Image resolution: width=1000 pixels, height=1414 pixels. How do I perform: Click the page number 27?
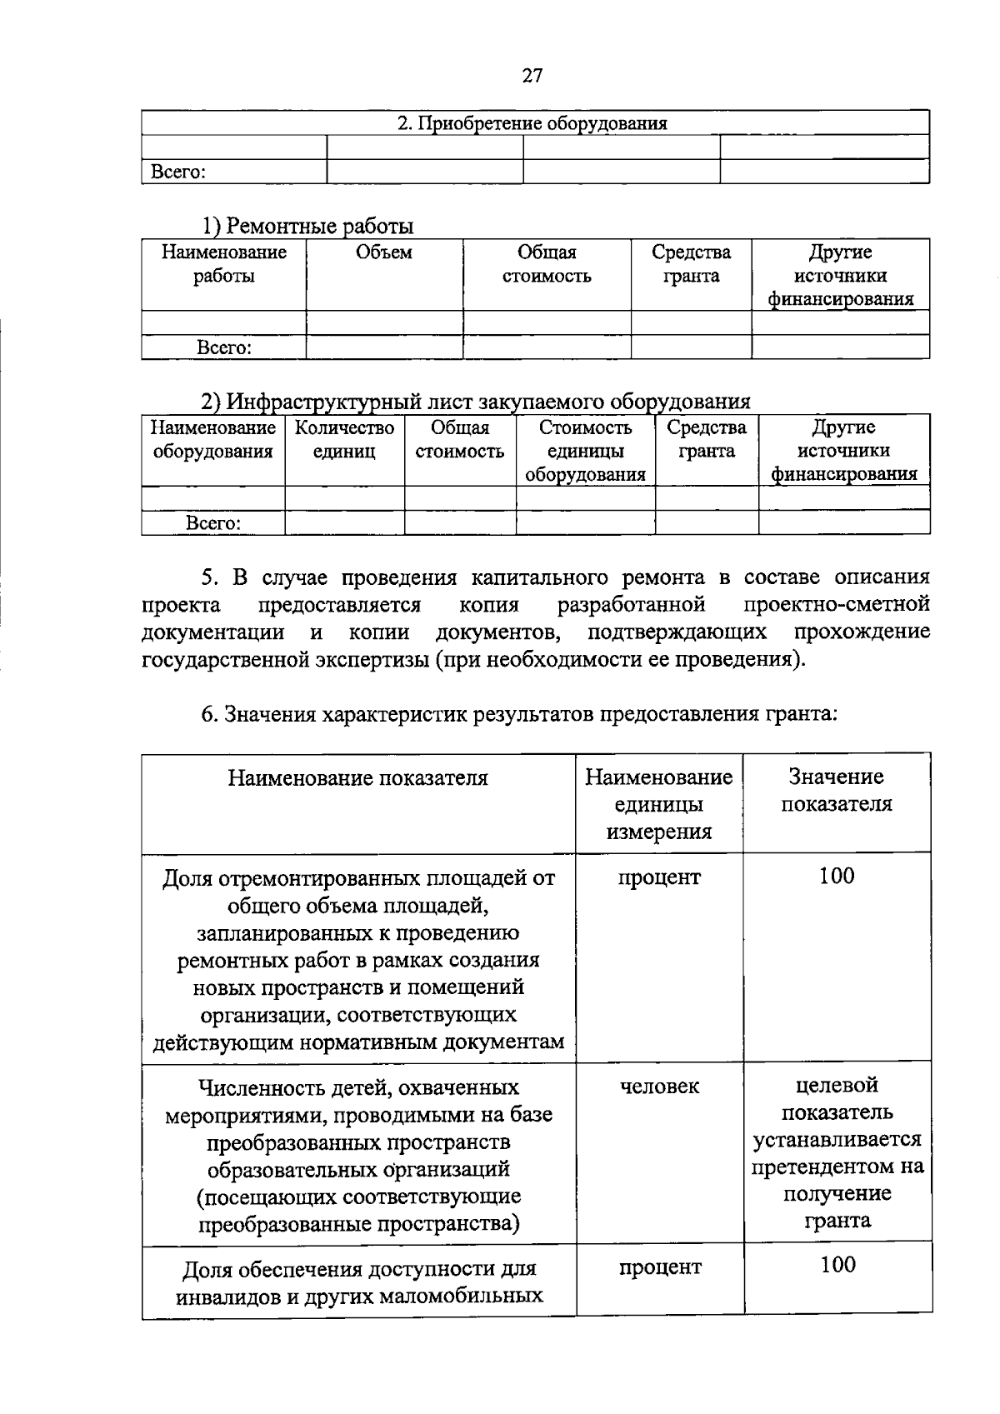(532, 76)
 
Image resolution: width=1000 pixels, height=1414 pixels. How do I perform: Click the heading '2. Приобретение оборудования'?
(532, 124)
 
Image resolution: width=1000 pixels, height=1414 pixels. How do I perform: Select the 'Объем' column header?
(384, 252)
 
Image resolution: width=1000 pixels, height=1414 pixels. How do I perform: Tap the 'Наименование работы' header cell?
(223, 264)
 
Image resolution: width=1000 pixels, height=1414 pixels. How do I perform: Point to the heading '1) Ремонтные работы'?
(307, 226)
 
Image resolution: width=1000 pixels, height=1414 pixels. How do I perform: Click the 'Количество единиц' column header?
(344, 440)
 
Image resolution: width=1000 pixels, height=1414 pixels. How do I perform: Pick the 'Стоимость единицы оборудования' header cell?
(585, 451)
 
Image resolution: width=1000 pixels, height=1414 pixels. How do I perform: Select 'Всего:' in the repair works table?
(223, 347)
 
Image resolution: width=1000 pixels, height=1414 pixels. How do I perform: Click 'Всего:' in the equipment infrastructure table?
(213, 523)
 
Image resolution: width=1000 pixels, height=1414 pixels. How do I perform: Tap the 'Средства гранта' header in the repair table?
(691, 264)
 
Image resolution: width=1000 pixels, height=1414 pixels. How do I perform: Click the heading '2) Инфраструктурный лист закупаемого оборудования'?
(476, 402)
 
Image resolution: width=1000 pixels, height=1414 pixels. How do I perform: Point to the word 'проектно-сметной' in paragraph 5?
(837, 604)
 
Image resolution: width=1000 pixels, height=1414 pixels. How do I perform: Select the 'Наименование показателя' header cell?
(358, 778)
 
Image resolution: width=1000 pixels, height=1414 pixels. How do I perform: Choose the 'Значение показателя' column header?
(836, 790)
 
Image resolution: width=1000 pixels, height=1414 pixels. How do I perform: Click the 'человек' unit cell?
(659, 1087)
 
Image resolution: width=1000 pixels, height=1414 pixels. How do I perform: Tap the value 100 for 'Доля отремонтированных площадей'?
(837, 876)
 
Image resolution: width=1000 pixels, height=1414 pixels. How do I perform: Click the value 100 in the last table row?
(837, 1265)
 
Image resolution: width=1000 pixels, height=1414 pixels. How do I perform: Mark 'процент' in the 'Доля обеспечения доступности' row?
(660, 1267)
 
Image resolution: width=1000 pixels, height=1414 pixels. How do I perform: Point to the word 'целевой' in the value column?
(837, 1085)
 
